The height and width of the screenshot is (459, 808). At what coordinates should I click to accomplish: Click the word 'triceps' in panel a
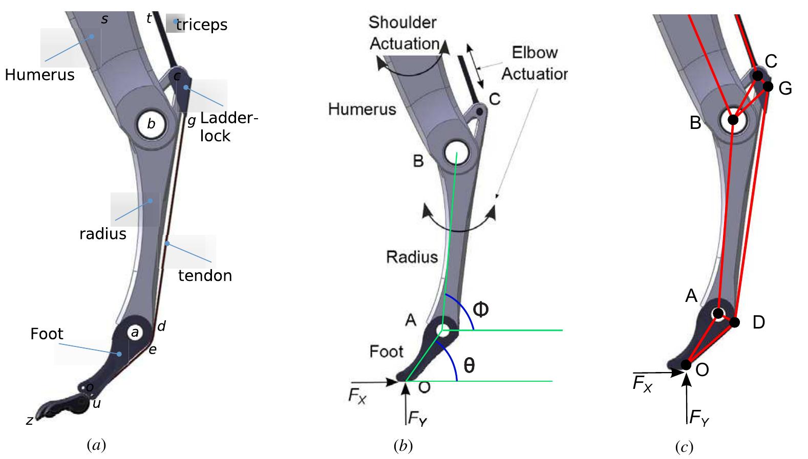click(x=202, y=25)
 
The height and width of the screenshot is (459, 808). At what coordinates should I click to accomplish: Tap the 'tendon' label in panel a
click(x=205, y=275)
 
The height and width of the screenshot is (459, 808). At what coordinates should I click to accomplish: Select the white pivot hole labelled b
click(x=151, y=123)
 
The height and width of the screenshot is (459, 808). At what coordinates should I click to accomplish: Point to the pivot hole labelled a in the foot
click(x=135, y=333)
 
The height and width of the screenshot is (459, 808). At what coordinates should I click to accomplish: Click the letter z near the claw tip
click(x=30, y=421)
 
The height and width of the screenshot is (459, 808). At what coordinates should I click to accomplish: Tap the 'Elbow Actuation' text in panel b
click(x=534, y=63)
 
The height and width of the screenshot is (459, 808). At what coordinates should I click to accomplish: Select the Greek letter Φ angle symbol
click(x=480, y=309)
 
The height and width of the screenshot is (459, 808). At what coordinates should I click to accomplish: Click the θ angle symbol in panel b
click(x=469, y=365)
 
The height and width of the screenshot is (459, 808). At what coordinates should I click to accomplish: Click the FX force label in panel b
click(x=357, y=398)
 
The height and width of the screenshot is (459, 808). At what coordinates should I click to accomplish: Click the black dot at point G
click(x=768, y=86)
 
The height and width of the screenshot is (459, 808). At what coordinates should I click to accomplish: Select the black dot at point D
click(x=735, y=322)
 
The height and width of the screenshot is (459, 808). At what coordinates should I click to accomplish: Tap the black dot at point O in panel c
click(x=686, y=364)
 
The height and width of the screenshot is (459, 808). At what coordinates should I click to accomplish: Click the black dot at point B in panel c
click(x=733, y=120)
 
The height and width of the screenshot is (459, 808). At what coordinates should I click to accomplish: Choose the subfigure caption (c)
click(x=684, y=448)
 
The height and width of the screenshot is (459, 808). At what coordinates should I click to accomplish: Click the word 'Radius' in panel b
click(x=412, y=256)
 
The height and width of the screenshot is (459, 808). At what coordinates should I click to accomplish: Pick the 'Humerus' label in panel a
click(x=40, y=75)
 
